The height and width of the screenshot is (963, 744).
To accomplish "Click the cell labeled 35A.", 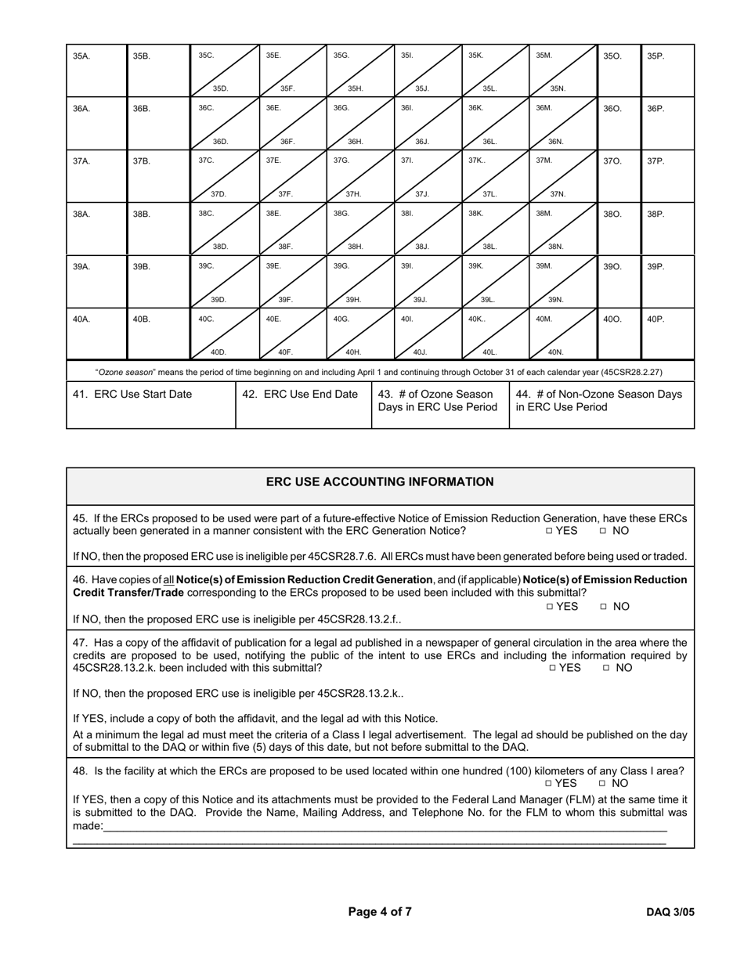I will (x=97, y=70).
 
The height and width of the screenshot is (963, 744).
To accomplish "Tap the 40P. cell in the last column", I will (x=667, y=335).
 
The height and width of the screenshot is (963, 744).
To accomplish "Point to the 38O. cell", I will (x=619, y=229).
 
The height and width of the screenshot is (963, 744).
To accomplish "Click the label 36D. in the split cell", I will (x=220, y=142).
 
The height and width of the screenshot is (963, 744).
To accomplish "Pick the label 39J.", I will (x=421, y=300).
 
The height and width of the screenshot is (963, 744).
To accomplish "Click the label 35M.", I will (x=544, y=56).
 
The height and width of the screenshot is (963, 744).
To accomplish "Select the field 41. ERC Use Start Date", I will (x=150, y=404).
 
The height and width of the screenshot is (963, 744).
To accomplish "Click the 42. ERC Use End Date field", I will (x=303, y=404).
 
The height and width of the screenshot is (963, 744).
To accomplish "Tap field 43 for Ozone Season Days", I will (x=439, y=404).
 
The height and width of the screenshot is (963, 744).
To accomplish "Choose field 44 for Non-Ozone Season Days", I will (x=601, y=404).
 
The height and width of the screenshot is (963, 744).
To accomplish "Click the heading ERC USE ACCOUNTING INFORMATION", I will (x=380, y=482).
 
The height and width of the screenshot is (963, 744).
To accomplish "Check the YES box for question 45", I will (x=550, y=531).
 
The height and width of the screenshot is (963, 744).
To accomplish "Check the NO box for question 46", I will (x=604, y=607).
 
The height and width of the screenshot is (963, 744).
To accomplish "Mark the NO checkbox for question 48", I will (x=604, y=783).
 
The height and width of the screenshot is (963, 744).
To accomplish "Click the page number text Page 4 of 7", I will (x=380, y=911).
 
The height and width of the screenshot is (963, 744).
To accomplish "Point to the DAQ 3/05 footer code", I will (x=670, y=912).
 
